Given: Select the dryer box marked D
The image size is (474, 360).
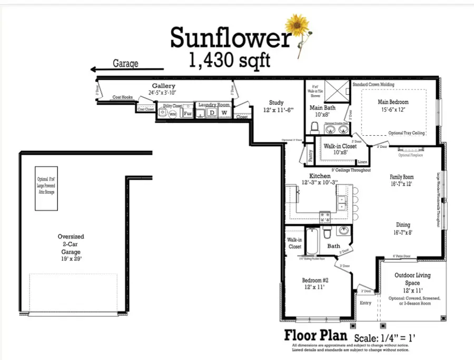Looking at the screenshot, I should point(212,113).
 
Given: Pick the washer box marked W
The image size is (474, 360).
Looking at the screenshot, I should point(224,113).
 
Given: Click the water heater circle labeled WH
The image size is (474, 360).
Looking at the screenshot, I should point(172,114).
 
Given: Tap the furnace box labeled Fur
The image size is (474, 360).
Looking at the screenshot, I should point(187,113).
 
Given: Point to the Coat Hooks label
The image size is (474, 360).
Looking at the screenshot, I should point(122,97).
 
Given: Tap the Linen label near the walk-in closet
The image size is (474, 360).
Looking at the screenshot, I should point(362,162).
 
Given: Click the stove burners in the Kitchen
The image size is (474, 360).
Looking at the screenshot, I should point(325,215).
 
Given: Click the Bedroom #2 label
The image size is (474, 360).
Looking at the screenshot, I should point(315,281).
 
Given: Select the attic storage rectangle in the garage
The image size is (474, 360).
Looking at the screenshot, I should point(46,188).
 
